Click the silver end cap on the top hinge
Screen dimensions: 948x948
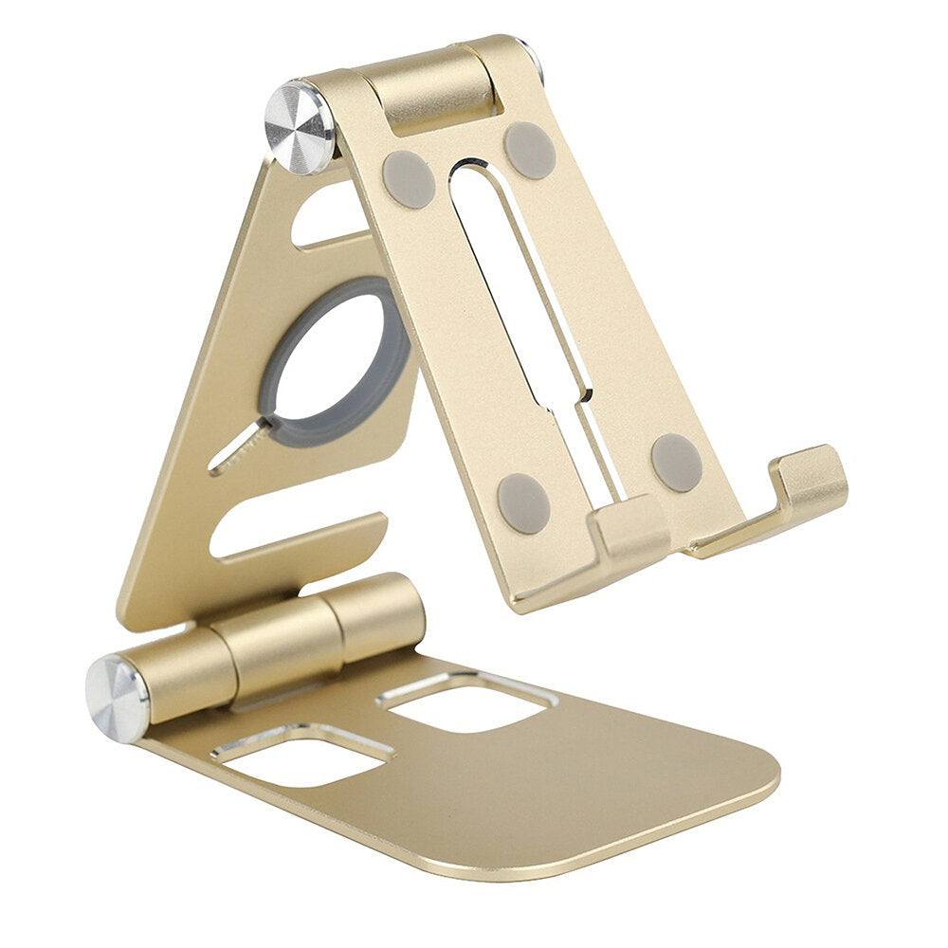(x=299, y=128)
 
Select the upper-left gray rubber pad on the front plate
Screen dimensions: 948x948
(x=409, y=179)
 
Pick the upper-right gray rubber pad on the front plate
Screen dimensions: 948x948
(x=530, y=150)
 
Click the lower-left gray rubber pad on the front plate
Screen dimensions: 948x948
(x=523, y=502)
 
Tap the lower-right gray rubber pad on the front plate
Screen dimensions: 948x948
(x=677, y=463)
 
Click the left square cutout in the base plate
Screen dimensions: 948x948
(x=301, y=755)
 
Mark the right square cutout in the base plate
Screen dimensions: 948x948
(x=466, y=702)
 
